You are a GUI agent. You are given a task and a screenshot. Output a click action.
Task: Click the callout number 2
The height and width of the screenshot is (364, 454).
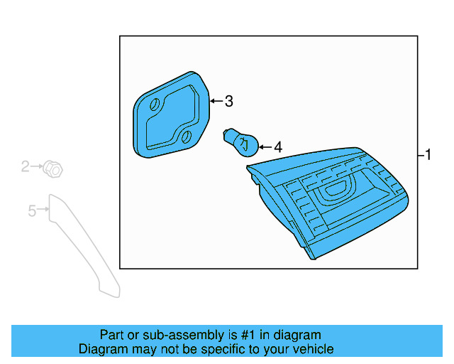coord(26,166)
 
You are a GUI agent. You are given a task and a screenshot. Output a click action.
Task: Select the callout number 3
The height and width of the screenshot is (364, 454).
coord(228,102)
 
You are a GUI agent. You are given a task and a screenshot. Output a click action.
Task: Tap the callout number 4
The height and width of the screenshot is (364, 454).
coord(277,147)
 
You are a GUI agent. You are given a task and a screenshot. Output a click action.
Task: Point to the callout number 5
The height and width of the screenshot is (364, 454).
coord(32,210)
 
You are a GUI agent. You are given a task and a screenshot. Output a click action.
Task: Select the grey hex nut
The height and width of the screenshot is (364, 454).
coord(52,169)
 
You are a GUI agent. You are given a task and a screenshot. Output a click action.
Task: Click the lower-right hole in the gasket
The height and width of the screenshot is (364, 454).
coord(187,136)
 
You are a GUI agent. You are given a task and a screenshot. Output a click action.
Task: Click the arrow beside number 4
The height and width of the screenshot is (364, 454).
coord(265,147)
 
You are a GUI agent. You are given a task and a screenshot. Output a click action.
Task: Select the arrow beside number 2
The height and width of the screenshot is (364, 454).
coord(37,166)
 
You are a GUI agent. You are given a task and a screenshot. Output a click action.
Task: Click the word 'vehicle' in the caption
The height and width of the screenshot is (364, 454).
coord(311,349)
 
